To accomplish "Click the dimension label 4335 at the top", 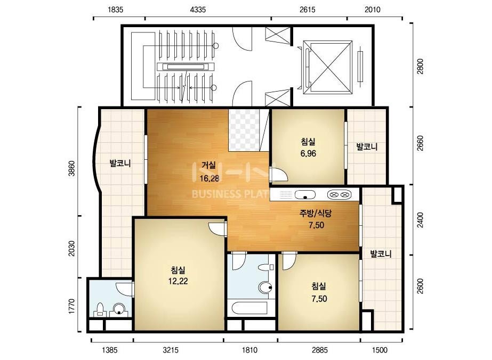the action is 198,10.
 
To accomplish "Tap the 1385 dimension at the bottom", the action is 109,350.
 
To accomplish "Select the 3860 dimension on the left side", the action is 72,168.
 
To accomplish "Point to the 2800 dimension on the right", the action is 420,67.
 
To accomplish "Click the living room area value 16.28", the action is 209,178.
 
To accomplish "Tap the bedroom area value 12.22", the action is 178,281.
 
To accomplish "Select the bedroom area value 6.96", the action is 308,154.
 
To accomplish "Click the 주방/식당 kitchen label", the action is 316,214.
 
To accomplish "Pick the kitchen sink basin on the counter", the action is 305,195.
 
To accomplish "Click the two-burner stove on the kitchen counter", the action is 339,195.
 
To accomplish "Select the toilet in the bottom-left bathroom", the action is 100,309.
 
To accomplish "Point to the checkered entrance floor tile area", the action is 244,130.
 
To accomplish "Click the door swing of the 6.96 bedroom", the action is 279,175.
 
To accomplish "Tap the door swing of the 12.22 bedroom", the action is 217,228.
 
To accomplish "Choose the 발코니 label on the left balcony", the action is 120,163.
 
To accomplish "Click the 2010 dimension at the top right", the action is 373,10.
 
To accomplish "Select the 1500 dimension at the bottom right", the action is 380,350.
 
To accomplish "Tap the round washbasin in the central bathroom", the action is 265,287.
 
